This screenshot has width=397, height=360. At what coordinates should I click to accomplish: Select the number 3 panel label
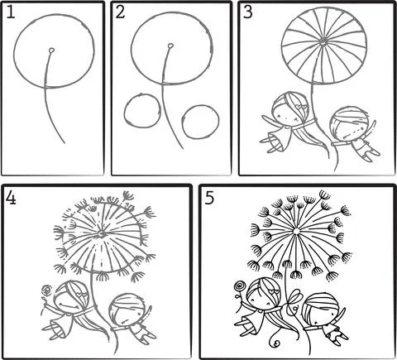(x=247, y=12)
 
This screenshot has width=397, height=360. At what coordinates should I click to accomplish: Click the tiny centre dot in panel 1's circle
(x=51, y=50)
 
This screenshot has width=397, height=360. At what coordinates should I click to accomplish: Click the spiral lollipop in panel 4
(x=46, y=290)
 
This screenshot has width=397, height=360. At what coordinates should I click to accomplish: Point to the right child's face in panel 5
(x=318, y=314)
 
